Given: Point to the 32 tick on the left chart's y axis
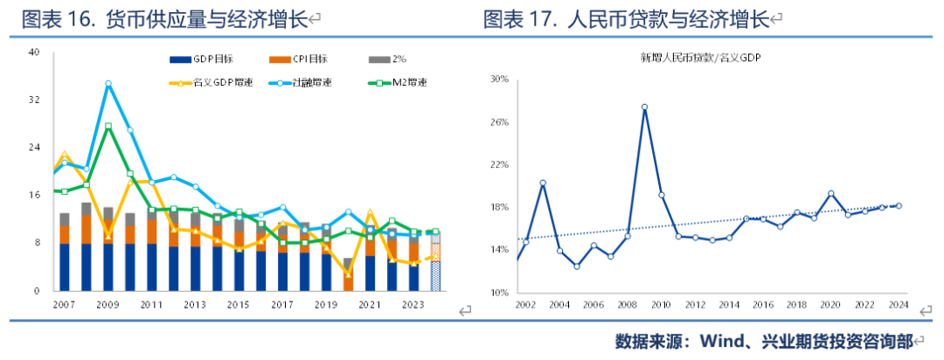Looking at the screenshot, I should point(34,100).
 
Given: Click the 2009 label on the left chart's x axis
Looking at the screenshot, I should point(108,305).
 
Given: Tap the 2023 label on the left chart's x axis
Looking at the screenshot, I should point(413,305).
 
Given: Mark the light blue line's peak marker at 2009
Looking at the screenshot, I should point(108,84).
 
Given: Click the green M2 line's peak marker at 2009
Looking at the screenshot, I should point(108,127).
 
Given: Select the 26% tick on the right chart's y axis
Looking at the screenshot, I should point(497,122).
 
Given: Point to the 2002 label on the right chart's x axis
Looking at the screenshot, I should point(525,305).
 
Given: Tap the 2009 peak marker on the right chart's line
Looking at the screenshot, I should point(644,107).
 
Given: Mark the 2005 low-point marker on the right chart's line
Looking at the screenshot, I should point(577,266).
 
